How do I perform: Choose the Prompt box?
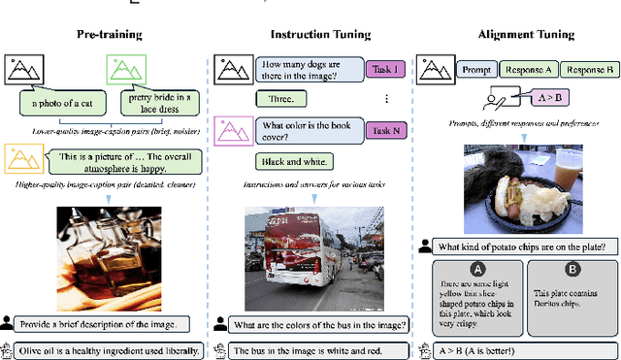pos(475,69)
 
